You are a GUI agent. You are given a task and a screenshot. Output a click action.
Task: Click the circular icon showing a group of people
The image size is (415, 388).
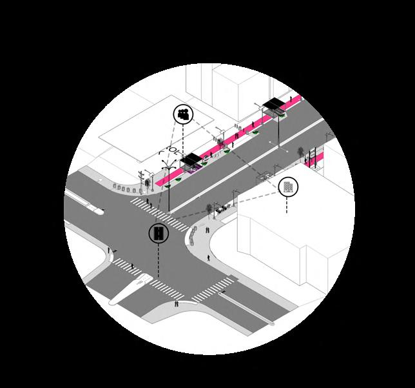click(183, 115)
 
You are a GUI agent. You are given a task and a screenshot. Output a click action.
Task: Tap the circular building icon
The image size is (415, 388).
click(288, 187)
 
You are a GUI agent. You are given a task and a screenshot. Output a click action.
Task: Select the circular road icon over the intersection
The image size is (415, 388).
click(158, 233)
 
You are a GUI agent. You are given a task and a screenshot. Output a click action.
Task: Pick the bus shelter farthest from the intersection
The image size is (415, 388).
click(274, 105)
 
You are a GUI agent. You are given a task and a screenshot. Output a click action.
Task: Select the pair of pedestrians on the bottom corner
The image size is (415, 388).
click(177, 303)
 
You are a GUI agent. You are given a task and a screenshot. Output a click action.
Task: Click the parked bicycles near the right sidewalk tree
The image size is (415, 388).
click(223, 208)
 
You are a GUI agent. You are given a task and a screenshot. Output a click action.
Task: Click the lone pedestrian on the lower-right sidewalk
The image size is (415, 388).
click(209, 258)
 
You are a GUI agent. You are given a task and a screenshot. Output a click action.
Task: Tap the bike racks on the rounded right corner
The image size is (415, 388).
click(192, 239)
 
